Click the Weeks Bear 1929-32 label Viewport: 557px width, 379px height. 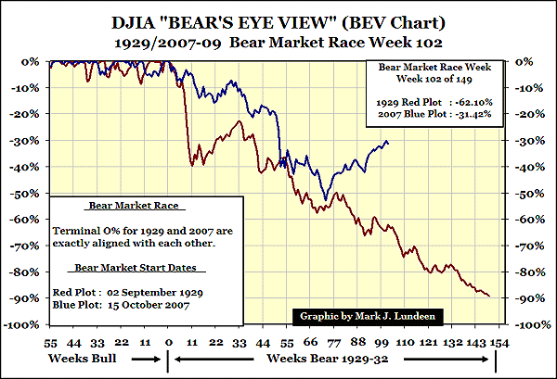click(336, 358)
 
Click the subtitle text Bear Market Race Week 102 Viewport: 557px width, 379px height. click(313, 43)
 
